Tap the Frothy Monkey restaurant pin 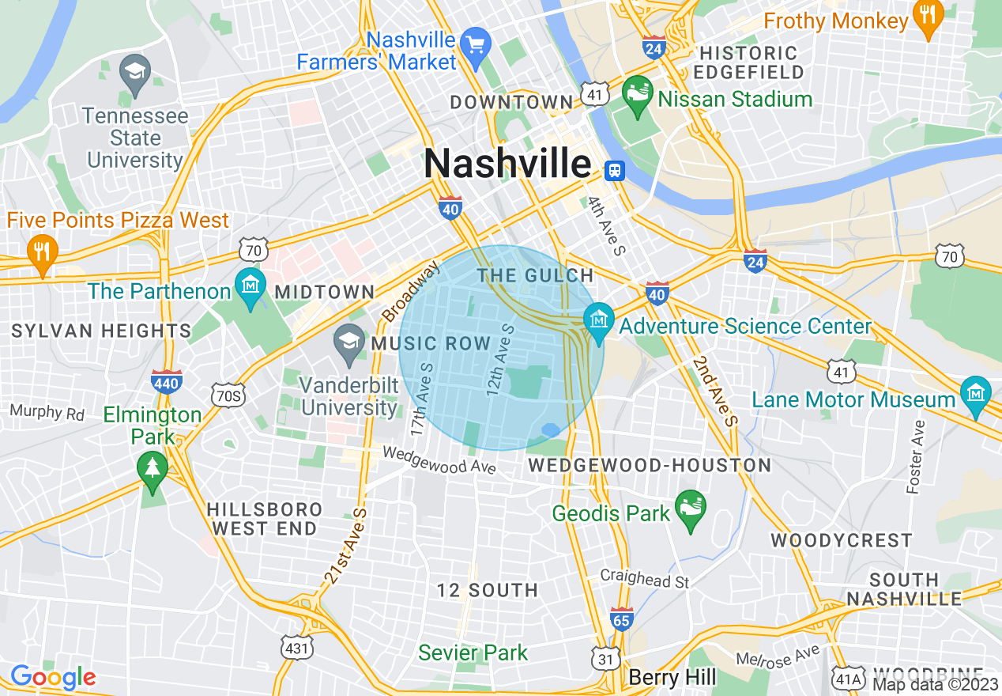point(928,17)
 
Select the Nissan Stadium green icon point(636,95)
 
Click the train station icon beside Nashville point(613,169)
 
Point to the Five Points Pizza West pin point(40,252)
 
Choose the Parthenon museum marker point(250,286)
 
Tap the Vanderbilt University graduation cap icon point(348,343)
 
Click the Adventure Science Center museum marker point(599,322)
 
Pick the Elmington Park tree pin point(152,467)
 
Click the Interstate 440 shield point(167,381)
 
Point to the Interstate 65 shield point(622,618)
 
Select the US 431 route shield point(297,649)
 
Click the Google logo point(53,677)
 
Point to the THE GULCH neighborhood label point(535,275)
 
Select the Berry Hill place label point(672,678)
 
